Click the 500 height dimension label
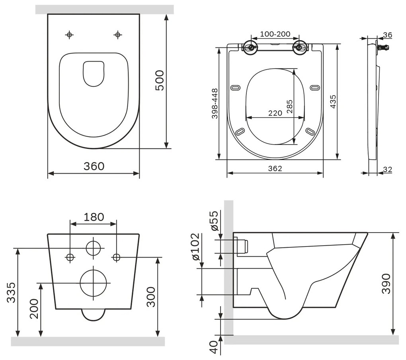coord(159,80)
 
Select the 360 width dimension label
coord(94,166)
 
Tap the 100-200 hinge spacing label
coord(275,34)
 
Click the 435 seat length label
coord(333,103)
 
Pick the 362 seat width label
coord(275,168)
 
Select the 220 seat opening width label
coord(275,113)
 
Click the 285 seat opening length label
coord(289,107)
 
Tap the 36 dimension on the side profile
coord(387,35)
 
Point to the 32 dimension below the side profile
coord(387,170)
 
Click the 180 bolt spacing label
coord(94,217)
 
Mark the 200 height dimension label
coord(34,308)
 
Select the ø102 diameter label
coord(195,247)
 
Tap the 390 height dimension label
coord(386,283)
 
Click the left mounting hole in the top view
coord(70,35)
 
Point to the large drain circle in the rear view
coord(94,283)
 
